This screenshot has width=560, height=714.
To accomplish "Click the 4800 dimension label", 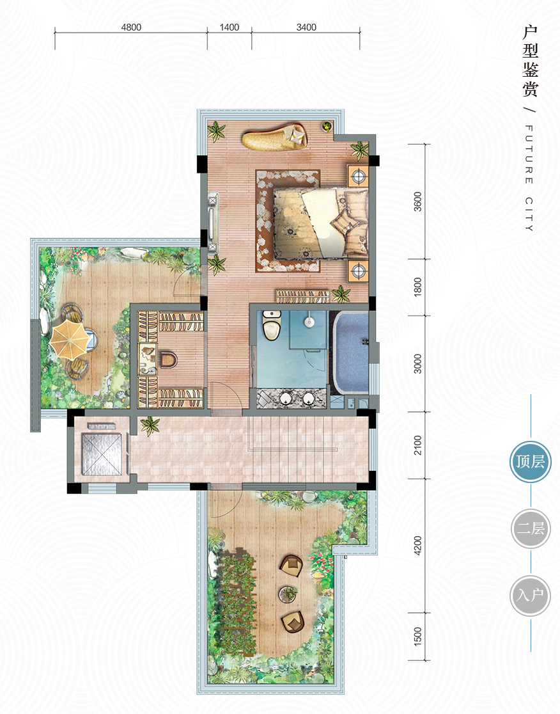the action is (x=131, y=28).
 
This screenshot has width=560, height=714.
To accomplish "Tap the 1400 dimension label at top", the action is (x=229, y=28).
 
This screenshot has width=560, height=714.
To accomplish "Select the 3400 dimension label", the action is (x=306, y=28).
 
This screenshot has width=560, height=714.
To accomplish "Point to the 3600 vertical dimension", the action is (x=417, y=202).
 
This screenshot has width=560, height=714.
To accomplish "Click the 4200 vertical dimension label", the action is (x=417, y=546).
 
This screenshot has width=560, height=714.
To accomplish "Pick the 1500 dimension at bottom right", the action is (x=417, y=637).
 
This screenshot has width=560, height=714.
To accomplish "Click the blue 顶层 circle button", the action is (x=531, y=462).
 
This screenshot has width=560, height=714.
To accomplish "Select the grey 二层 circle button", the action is (x=531, y=528).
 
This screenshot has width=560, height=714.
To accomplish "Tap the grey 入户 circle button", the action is (x=531, y=596).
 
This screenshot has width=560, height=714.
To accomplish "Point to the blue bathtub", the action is (x=351, y=353).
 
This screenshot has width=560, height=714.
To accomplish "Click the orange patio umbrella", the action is (x=69, y=338).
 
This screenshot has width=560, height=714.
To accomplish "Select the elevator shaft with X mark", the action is (x=102, y=454).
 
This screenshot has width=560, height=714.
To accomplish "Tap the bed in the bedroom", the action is (x=321, y=223).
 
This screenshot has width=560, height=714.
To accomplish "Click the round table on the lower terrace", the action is (x=288, y=594).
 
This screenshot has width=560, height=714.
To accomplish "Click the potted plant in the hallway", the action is (x=150, y=426).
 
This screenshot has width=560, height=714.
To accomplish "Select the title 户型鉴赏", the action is (x=531, y=61).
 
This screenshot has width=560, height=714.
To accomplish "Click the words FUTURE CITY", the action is (x=529, y=178).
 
